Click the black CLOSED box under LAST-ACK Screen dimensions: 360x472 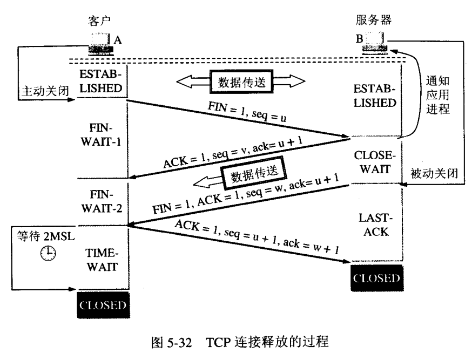(377, 279)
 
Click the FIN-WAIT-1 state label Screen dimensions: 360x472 (103, 138)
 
